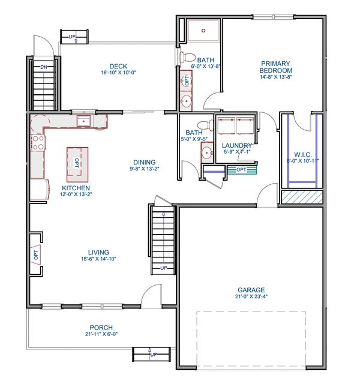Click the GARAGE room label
251,290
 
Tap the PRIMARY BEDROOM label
276,67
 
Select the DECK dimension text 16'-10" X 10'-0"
119,73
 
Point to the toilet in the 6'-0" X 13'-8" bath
187,57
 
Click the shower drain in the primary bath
203,31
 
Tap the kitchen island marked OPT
77,164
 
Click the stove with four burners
38,143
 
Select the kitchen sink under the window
83,121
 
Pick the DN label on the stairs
44,67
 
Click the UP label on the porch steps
154,355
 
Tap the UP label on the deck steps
72,37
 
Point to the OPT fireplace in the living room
36,255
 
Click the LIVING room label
98,252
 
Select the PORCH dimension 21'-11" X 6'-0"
101,334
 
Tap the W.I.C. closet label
303,155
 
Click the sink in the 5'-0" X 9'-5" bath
207,152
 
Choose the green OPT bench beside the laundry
242,170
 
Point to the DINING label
145,162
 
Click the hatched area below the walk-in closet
302,197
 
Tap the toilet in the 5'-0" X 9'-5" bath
206,125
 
